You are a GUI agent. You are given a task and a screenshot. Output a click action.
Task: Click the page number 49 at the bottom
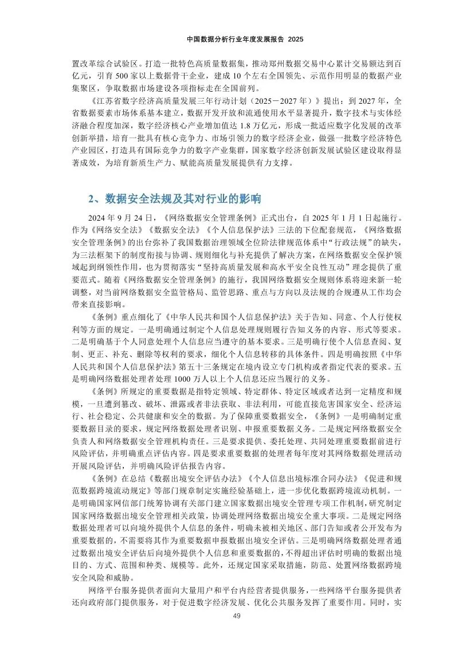coord(237,616)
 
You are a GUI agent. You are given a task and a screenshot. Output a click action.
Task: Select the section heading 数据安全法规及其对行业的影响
coord(182,199)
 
